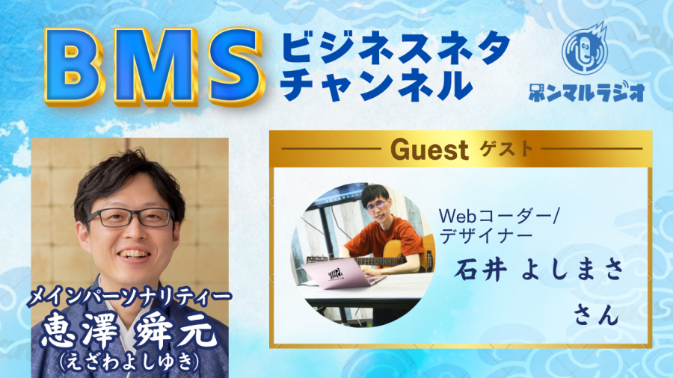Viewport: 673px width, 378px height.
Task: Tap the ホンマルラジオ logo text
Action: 586,91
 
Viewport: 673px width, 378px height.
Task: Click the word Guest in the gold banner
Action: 428,150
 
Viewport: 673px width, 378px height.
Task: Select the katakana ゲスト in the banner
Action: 506,149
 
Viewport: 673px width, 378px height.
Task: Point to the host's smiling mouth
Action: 135,254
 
